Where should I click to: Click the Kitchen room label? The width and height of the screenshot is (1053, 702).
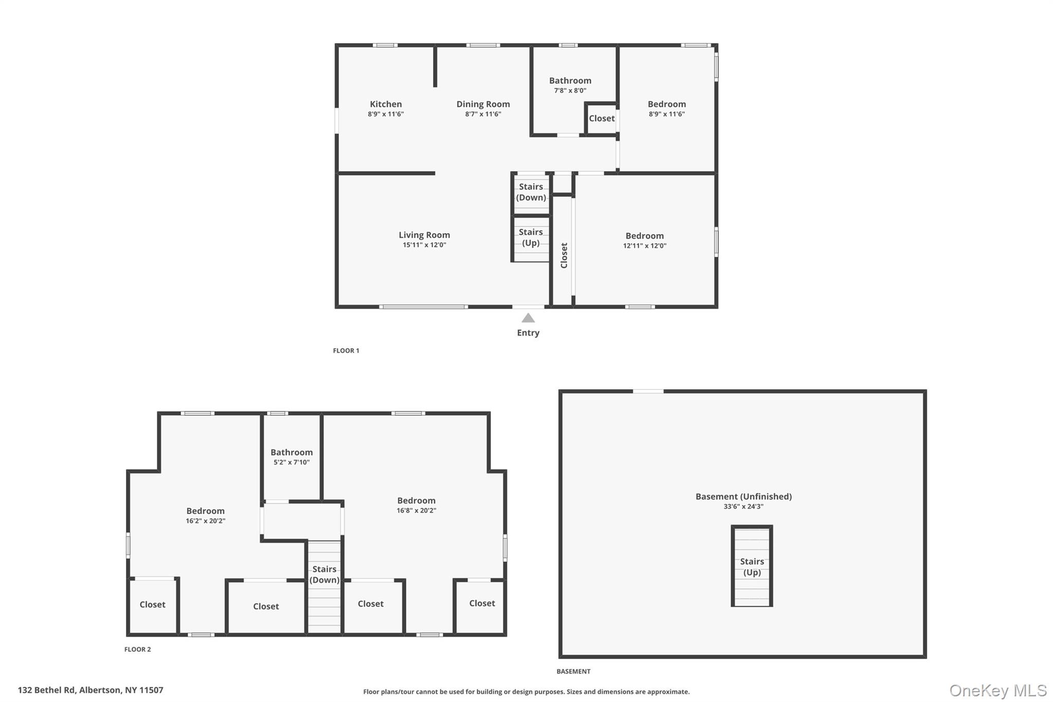(386, 104)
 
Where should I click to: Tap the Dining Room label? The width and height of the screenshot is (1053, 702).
(483, 104)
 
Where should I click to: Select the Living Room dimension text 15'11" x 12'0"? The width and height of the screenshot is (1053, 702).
(424, 245)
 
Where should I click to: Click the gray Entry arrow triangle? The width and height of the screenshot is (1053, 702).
(528, 318)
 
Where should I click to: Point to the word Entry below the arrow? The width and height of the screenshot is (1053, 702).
(528, 333)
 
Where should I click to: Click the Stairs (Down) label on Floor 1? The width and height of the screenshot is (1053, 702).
(531, 192)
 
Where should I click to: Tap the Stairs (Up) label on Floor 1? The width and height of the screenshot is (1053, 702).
(531, 237)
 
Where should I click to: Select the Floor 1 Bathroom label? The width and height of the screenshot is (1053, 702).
(570, 81)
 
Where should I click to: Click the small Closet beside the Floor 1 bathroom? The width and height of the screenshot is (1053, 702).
(602, 118)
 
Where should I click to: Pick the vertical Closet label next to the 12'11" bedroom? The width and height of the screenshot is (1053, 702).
(564, 255)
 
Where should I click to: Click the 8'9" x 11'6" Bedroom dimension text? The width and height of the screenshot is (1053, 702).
(666, 114)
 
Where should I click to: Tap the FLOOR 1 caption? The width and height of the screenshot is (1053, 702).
(346, 351)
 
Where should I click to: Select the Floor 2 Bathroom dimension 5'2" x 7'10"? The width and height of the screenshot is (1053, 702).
(292, 462)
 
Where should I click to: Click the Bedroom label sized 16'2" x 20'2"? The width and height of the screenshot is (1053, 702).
(205, 511)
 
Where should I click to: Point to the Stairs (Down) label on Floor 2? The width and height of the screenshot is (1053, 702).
(324, 574)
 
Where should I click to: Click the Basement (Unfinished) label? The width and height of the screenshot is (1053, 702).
(743, 496)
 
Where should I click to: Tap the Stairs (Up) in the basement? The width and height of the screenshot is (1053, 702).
(752, 567)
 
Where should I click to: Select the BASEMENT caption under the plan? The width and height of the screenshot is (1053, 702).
(573, 671)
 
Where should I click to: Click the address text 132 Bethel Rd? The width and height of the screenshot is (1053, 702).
(90, 690)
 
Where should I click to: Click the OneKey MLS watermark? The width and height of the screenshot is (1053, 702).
(998, 690)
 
